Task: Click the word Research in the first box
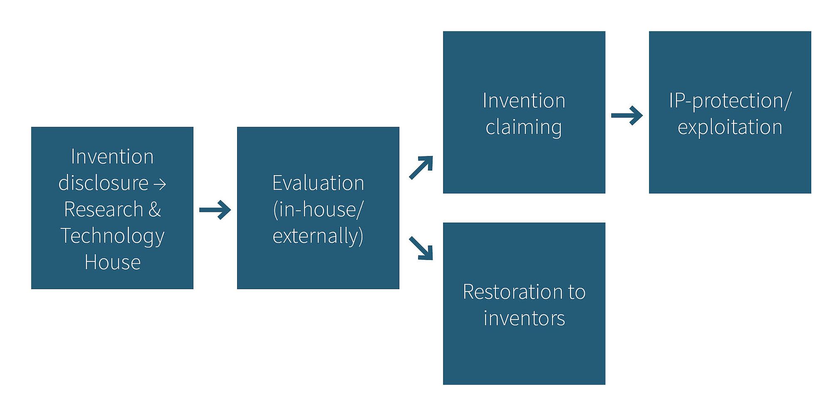[104, 209]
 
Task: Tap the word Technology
[112, 236]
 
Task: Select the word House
[112, 262]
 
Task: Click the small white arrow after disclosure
[160, 184]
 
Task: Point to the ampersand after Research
[155, 209]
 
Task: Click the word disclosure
[103, 183]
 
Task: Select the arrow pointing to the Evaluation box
[215, 210]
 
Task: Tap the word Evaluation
[318, 183]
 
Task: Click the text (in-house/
[318, 209]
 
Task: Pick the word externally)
[318, 236]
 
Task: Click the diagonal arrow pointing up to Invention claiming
[421, 168]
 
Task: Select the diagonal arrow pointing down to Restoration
[421, 248]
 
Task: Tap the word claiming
[524, 127]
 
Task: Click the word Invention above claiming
[524, 101]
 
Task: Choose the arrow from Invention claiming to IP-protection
[627, 115]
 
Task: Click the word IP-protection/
[730, 101]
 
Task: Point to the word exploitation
[730, 127]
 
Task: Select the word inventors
[524, 318]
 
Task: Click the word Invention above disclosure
[112, 157]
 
